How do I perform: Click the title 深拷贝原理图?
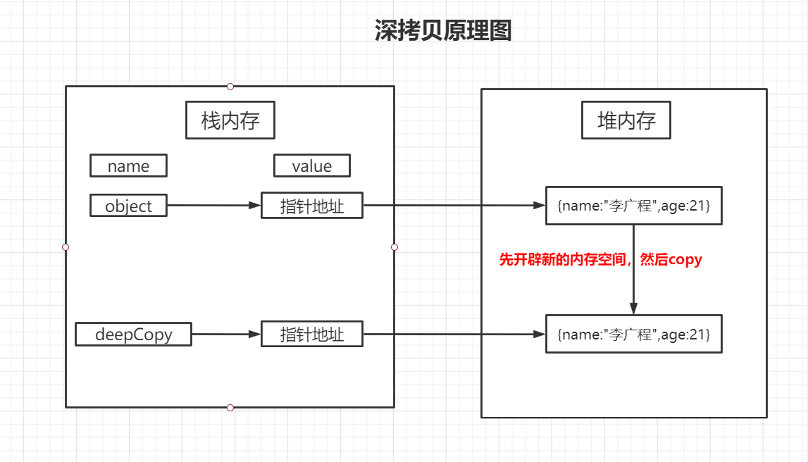tap(442, 31)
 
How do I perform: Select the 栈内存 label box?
tap(230, 120)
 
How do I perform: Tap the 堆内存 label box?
tap(626, 120)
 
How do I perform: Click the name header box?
tap(128, 166)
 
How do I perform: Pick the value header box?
tap(311, 166)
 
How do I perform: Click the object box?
tap(128, 206)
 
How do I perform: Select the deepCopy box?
tap(133, 334)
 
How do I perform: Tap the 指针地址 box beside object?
tap(311, 206)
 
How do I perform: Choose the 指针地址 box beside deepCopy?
tap(311, 334)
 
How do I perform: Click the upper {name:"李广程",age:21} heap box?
tap(633, 206)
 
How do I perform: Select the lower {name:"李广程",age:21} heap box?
tap(633, 334)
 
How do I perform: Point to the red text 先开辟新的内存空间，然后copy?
tap(600, 259)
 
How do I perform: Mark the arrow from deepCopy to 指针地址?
tap(226, 334)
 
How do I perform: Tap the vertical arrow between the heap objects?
tap(633, 282)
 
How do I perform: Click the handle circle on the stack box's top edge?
tap(230, 86)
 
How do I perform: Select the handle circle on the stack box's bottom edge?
tap(230, 407)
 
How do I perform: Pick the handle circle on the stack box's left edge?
tap(66, 247)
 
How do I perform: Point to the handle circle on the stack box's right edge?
tap(394, 247)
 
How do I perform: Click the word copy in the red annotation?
tap(685, 259)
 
